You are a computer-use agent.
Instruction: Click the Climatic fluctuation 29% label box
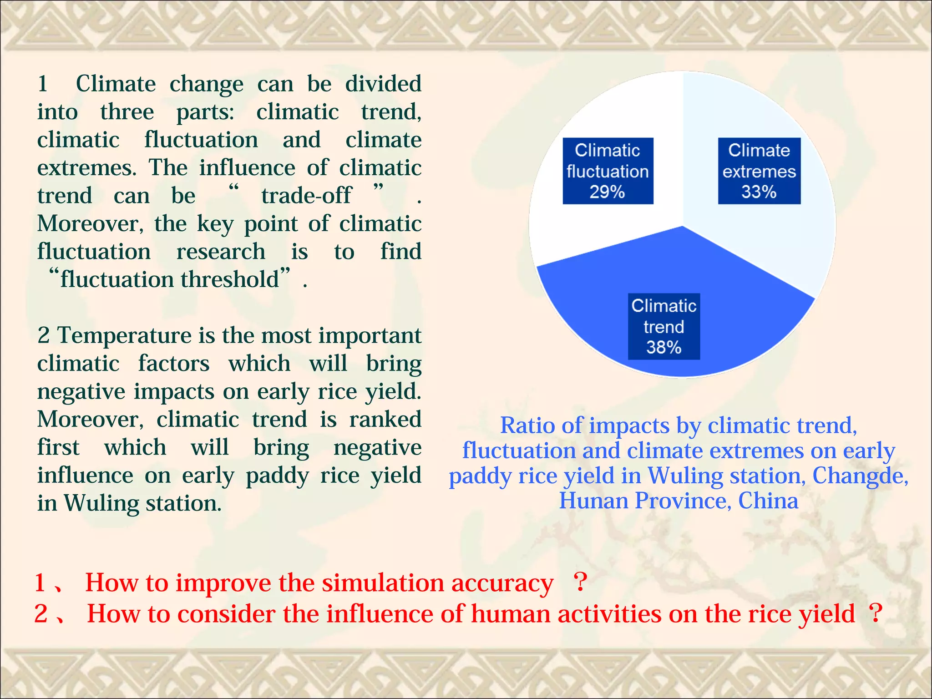click(x=608, y=171)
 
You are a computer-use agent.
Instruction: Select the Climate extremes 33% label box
click(x=759, y=171)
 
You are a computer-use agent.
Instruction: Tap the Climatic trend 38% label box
click(x=664, y=326)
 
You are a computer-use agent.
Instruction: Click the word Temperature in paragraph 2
click(x=124, y=336)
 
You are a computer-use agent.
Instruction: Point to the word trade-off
click(x=306, y=196)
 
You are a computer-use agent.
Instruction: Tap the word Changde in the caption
click(x=860, y=476)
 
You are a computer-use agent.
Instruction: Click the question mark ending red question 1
click(x=580, y=582)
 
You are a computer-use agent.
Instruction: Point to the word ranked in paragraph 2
click(x=385, y=419)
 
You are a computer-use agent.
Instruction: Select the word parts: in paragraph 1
click(x=205, y=112)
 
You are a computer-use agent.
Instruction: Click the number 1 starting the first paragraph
click(x=43, y=84)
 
